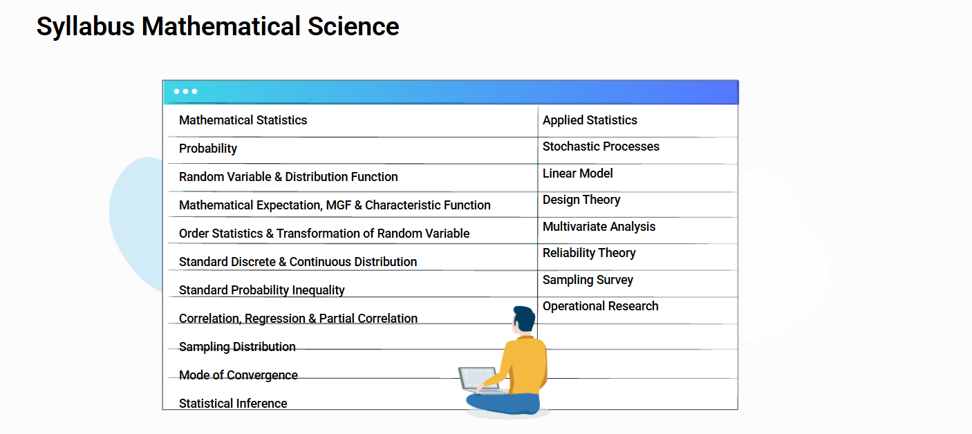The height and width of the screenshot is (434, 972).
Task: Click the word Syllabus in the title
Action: pos(86,27)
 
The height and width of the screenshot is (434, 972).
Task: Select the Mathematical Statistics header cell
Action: pos(243,120)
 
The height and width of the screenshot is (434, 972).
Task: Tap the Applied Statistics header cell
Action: pos(590,120)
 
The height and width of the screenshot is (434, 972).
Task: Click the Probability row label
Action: pos(208,149)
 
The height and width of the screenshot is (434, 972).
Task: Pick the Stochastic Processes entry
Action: pos(601,147)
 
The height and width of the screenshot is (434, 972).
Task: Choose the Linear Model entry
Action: pos(577,173)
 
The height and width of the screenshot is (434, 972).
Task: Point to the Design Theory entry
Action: pos(581,200)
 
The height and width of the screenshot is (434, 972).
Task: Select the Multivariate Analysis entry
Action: pos(599,227)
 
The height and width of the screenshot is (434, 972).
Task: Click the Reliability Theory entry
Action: pos(589,253)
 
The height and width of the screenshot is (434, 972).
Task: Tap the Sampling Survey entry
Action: pos(588,280)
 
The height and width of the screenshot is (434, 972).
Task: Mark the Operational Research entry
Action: pos(601,306)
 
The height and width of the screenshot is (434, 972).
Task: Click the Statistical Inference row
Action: pos(233,403)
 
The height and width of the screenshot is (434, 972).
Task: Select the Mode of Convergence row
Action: pos(239,375)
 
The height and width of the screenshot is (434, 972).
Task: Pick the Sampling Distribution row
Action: pos(237,347)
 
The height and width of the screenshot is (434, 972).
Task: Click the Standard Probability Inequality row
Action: pos(261,290)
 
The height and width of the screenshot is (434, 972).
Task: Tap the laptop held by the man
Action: pos(478,380)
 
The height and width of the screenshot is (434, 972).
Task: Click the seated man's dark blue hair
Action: pos(525,317)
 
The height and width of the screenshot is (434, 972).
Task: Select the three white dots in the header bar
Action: pos(185,91)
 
